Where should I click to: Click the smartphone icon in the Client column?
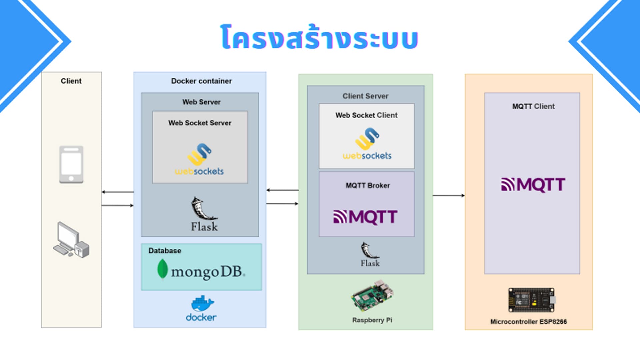pyautogui.click(x=71, y=164)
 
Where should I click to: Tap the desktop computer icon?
pyautogui.click(x=71, y=240)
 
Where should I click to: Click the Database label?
pyautogui.click(x=165, y=251)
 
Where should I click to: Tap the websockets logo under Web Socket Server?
pyautogui.click(x=199, y=160)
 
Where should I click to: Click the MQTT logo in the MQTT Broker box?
pyautogui.click(x=365, y=217)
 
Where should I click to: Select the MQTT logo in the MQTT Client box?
pyautogui.click(x=533, y=185)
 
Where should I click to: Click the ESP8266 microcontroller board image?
pyautogui.click(x=532, y=300)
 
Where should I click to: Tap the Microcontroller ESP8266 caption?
pyautogui.click(x=528, y=322)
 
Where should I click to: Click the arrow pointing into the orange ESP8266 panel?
pyautogui.click(x=449, y=195)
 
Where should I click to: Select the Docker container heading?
pyautogui.click(x=201, y=81)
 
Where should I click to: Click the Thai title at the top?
pyautogui.click(x=319, y=37)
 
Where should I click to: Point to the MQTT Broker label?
pyautogui.click(x=368, y=186)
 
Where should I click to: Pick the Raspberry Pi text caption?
pyautogui.click(x=372, y=320)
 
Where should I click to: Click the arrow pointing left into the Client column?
pyautogui.click(x=117, y=192)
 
